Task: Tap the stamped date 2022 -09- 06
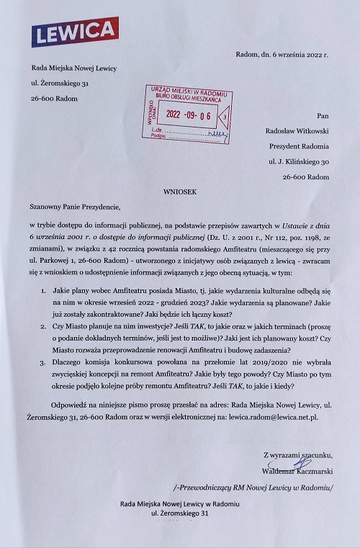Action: pos(189,114)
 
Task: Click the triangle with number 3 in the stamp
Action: pos(225,115)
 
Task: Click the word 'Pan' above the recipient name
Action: pos(323,114)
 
